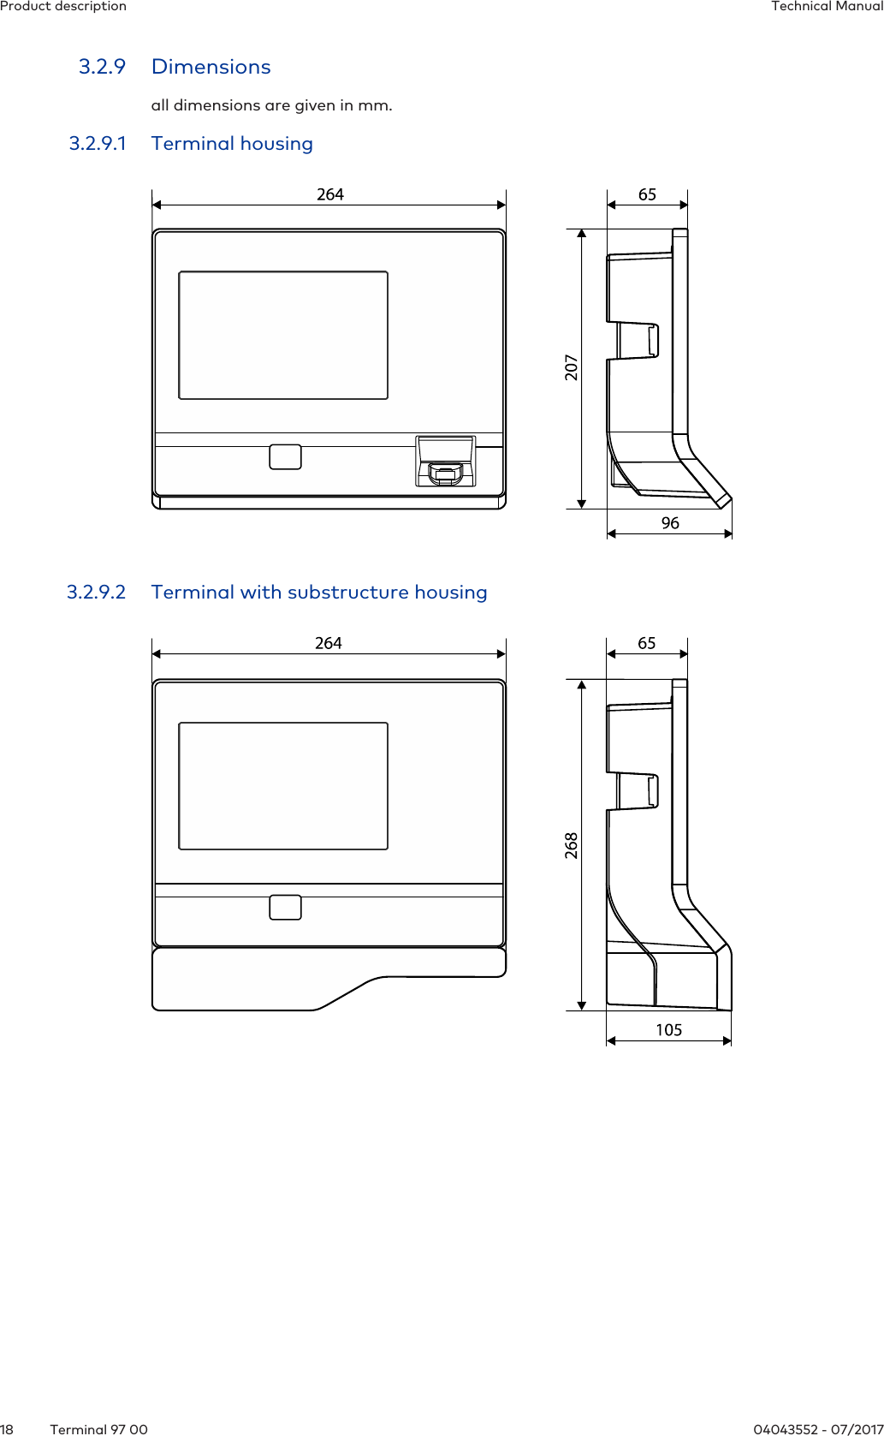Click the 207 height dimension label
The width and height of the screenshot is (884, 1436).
tap(572, 367)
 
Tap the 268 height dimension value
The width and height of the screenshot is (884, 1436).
tap(572, 845)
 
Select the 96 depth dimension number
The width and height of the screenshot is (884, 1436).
tap(670, 523)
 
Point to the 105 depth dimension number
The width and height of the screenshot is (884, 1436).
tap(669, 1030)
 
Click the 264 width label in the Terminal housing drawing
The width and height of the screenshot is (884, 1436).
tap(330, 194)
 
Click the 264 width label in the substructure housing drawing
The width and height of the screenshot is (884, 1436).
tap(329, 643)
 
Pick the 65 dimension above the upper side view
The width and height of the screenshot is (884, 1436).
tap(647, 194)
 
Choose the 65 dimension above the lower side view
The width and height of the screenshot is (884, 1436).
tap(647, 643)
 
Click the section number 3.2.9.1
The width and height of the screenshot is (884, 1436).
tap(98, 144)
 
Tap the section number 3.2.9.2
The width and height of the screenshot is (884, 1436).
tap(97, 593)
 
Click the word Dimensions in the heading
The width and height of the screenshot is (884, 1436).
tap(211, 67)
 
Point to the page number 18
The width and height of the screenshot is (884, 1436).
tap(7, 1429)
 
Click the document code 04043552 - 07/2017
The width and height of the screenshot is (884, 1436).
tap(818, 1429)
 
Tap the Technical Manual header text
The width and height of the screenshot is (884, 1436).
tap(827, 6)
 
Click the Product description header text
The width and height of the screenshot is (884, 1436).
tap(63, 6)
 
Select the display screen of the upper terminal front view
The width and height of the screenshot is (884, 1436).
tap(283, 335)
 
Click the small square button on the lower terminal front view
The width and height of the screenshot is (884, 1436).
tap(285, 907)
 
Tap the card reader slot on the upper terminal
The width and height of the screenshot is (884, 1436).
tap(445, 473)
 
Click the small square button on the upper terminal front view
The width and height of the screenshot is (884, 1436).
tap(285, 456)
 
